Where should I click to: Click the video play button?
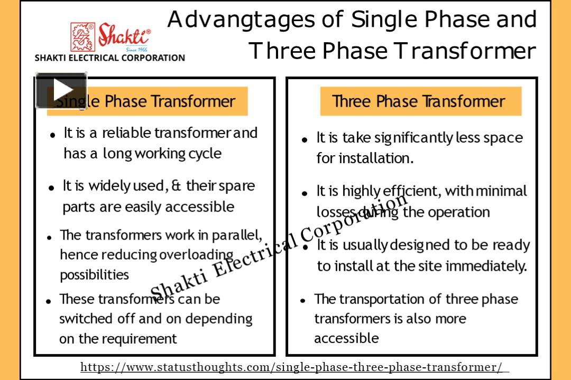tap(61, 90)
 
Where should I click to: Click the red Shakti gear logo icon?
tap(82, 37)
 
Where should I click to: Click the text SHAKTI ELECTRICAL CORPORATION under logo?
tap(109, 58)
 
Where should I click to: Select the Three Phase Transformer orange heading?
tap(421, 101)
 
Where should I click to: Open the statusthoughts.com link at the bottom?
tap(291, 367)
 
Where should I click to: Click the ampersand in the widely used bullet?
tap(176, 186)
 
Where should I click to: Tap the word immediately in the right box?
tap(486, 266)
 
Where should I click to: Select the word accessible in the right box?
tap(346, 338)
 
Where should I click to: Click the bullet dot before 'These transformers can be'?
tap(49, 301)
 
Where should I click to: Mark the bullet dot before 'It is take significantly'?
tap(305, 140)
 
